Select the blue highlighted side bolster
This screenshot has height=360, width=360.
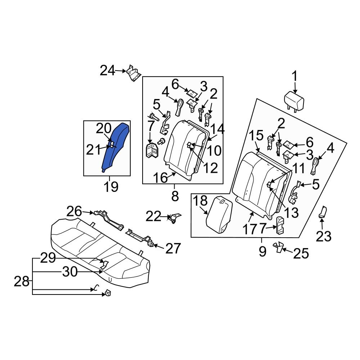click(114, 148)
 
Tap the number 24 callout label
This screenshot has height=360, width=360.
click(107, 71)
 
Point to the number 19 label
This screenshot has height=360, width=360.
click(111, 186)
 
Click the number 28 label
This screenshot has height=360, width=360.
click(21, 281)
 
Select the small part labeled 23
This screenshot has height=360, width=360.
click(322, 212)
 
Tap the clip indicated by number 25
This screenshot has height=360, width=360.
click(278, 247)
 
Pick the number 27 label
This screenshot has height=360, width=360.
click(173, 248)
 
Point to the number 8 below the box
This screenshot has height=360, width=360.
click(175, 197)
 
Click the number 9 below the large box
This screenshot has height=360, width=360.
click(262, 251)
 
